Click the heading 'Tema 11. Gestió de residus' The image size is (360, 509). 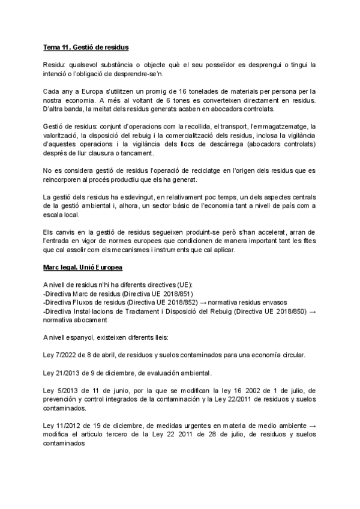coord(86,47)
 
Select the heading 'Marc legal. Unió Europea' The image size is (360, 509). coord(85,266)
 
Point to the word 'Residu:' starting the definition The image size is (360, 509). coord(55,64)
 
